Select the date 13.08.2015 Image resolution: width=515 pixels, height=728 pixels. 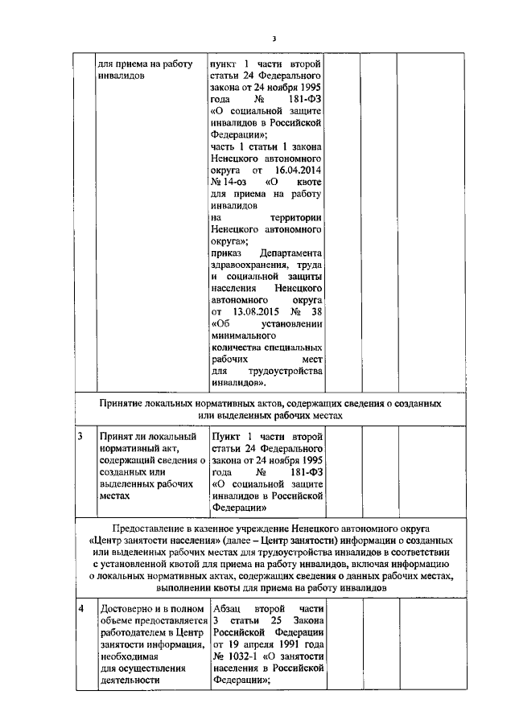[x=249, y=311]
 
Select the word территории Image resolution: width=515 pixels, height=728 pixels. [x=297, y=217]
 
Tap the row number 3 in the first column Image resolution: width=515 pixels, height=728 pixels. [x=80, y=437]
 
